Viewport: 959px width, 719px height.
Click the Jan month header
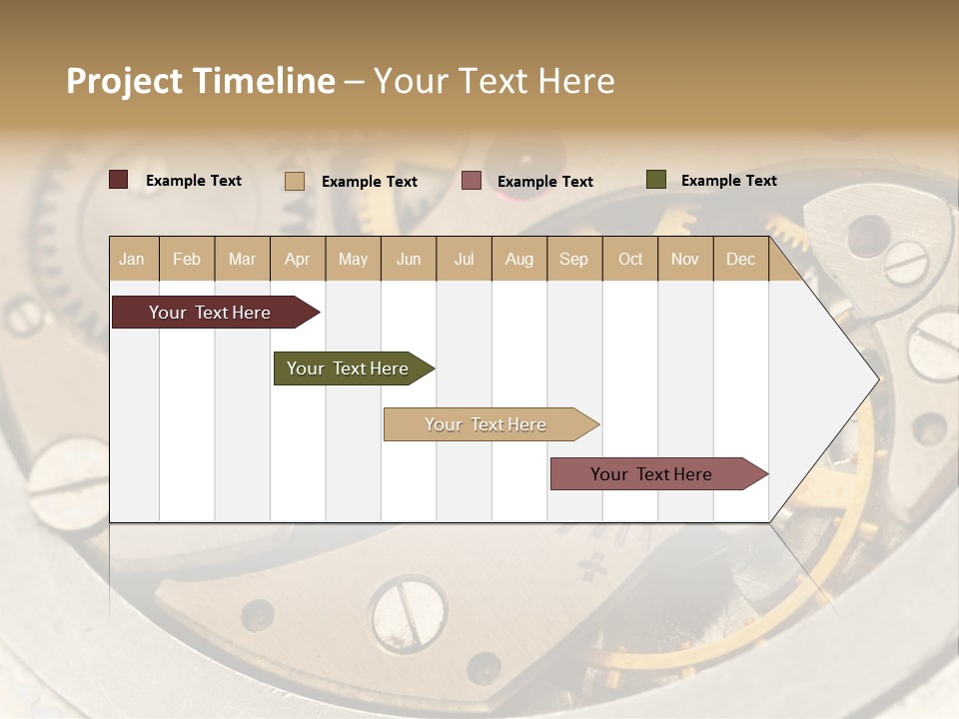click(x=132, y=259)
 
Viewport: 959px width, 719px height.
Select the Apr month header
click(x=297, y=259)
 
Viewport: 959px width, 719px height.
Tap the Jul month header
click(x=464, y=259)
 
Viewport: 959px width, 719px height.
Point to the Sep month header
click(x=573, y=259)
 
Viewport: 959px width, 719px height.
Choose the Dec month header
click(x=740, y=259)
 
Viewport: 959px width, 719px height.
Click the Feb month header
click(x=187, y=259)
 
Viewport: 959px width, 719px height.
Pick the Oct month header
click(x=630, y=259)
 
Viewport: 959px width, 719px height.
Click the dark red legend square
click(x=119, y=180)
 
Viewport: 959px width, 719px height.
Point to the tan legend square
click(x=295, y=181)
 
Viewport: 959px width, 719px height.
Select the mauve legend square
click(x=472, y=181)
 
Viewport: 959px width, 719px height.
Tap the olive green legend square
click(x=655, y=180)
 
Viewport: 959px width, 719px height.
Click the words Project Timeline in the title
click(x=201, y=81)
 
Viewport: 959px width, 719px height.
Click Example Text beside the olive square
click(x=728, y=181)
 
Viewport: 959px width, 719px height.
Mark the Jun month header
click(x=409, y=259)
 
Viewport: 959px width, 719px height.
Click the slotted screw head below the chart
click(x=407, y=605)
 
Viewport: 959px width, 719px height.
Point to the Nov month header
click(x=685, y=259)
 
